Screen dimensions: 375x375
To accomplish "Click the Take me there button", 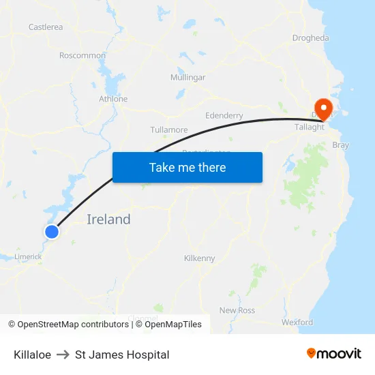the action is click(187, 167).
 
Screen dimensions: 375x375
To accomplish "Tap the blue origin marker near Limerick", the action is click(52, 232).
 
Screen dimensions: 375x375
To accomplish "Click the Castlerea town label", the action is click(46, 27).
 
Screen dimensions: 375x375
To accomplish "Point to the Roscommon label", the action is click(82, 55).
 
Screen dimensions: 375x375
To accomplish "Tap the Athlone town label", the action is click(113, 99).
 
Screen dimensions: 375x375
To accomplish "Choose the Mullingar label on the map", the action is click(187, 78).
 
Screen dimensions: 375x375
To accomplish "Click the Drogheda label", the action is click(310, 38).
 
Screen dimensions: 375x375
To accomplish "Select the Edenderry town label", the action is click(224, 116).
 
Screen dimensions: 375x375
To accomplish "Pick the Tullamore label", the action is click(168, 130).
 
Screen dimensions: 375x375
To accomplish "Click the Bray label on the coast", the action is click(340, 145).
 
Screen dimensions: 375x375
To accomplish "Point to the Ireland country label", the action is click(108, 220).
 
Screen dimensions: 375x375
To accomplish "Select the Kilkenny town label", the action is click(199, 258).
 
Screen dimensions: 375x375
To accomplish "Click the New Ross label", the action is click(237, 310).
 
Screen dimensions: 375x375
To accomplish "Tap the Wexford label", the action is click(297, 322).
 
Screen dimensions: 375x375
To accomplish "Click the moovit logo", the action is click(333, 354).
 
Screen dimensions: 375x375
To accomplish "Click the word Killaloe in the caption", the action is click(32, 355).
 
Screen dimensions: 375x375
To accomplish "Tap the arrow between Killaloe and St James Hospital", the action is click(63, 355).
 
